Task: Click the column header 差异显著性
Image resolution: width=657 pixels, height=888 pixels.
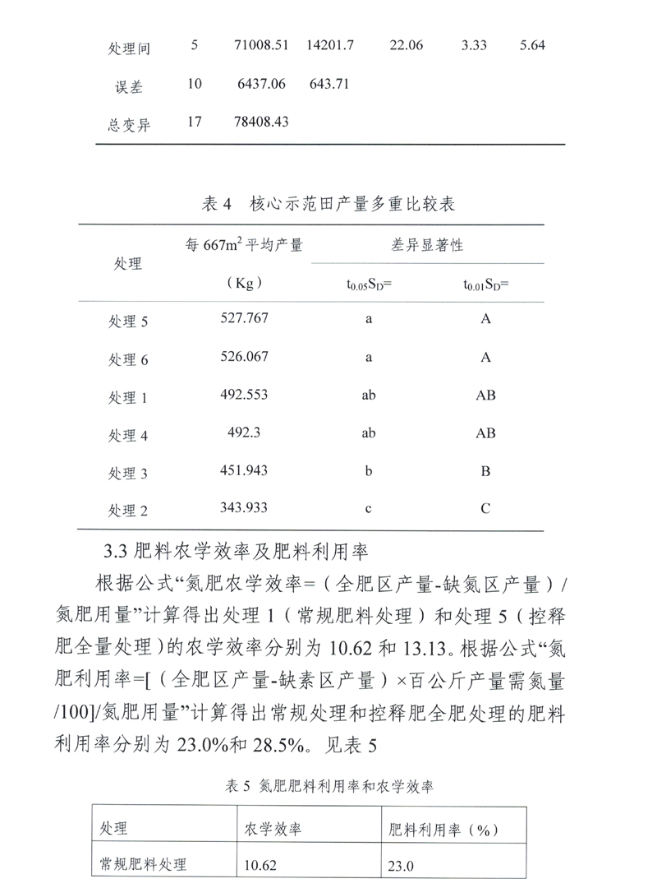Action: pyautogui.click(x=427, y=244)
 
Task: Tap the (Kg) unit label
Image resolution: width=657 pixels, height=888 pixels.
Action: pyautogui.click(x=243, y=284)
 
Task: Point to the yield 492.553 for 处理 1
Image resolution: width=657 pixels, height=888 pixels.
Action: pyautogui.click(x=245, y=395)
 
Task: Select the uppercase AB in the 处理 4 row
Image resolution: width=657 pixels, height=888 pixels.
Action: pyautogui.click(x=485, y=433)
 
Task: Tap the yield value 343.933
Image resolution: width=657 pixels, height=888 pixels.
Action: pyautogui.click(x=245, y=508)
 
